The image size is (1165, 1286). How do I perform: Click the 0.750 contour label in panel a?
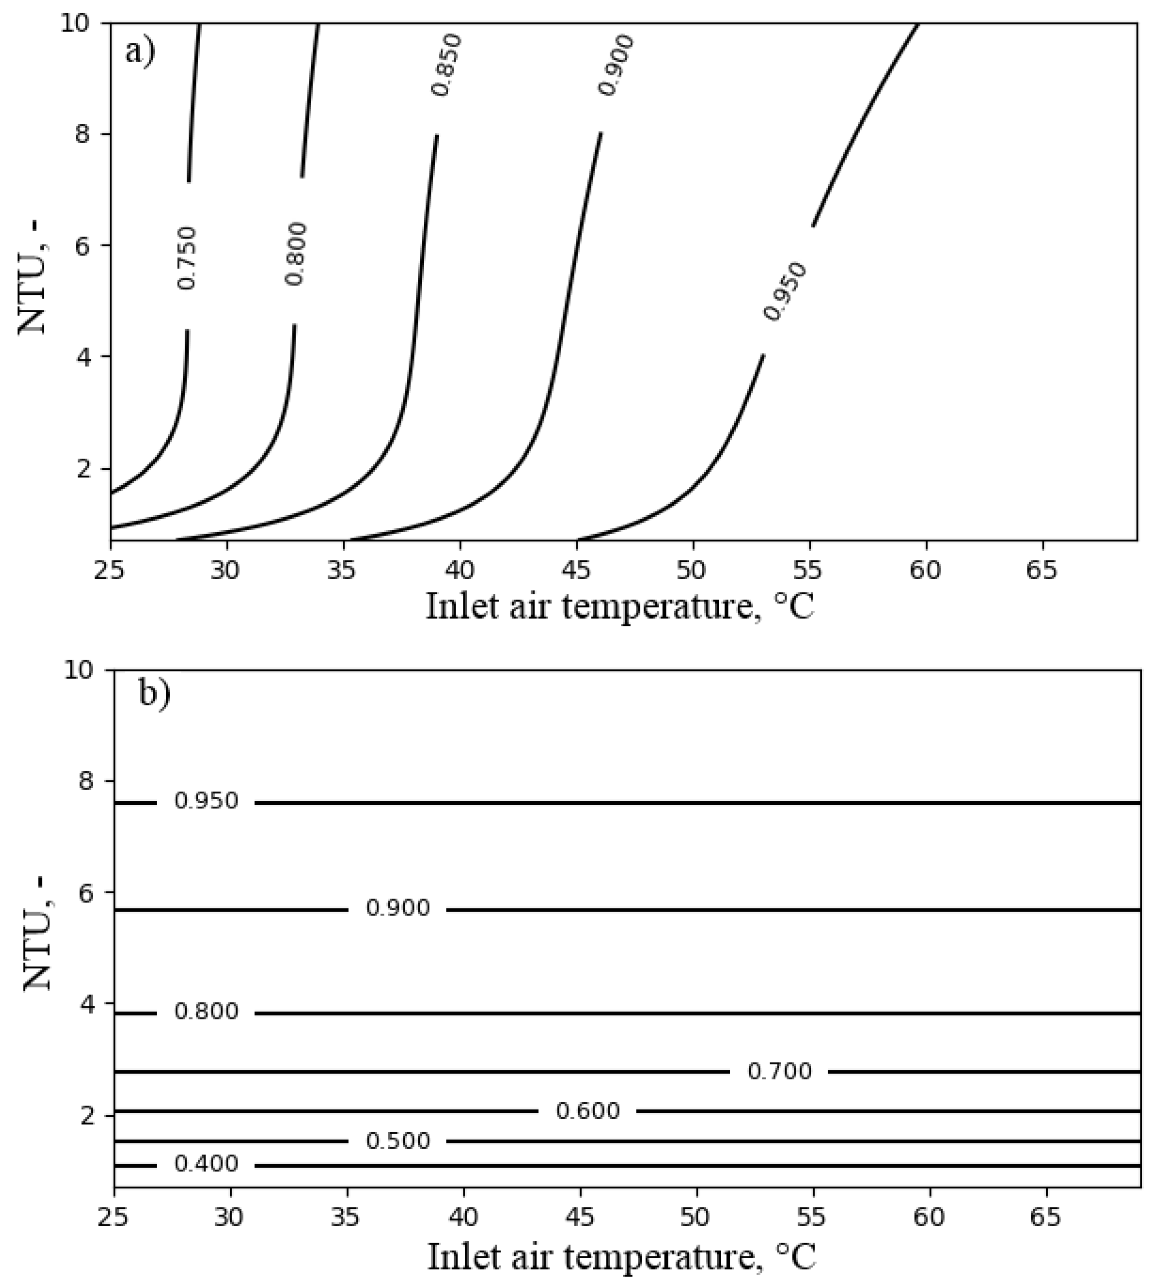[x=187, y=257]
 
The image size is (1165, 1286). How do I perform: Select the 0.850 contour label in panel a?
[x=446, y=65]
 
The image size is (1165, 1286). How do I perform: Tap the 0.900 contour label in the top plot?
[x=616, y=65]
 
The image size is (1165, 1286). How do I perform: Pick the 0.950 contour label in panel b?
[x=206, y=801]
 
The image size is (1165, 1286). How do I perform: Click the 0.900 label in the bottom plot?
[x=398, y=908]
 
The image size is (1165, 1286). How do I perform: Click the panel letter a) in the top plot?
[x=140, y=51]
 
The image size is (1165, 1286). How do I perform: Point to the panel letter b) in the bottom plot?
[x=154, y=694]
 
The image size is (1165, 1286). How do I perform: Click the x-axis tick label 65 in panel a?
[x=1041, y=569]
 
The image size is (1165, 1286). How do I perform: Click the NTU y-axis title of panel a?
[x=33, y=281]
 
